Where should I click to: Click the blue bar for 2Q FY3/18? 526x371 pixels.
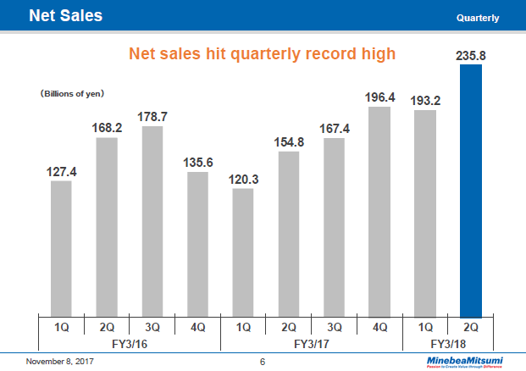[470, 191]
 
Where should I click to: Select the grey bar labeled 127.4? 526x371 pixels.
[61, 247]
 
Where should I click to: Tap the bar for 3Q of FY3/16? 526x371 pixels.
[152, 220]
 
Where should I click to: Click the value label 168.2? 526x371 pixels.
[107, 127]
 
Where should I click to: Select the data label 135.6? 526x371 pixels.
[197, 162]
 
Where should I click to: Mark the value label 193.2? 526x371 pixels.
[425, 100]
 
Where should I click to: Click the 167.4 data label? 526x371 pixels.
[334, 128]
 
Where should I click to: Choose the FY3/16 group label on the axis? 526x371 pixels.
[129, 344]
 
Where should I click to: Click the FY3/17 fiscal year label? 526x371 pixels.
[311, 344]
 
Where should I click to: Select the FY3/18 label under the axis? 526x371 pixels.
[447, 344]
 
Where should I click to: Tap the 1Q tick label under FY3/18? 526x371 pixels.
[425, 327]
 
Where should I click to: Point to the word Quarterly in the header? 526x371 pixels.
[477, 18]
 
